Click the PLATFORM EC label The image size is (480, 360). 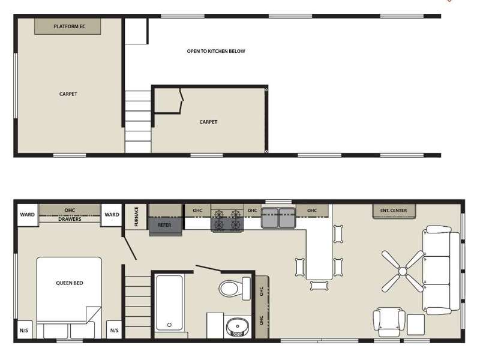click(x=70, y=26)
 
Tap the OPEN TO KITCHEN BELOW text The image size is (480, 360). click(x=216, y=51)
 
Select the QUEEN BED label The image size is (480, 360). click(x=70, y=283)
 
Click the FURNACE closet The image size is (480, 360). click(x=136, y=217)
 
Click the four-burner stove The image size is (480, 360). click(x=227, y=220)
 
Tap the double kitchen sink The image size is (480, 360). click(x=278, y=218)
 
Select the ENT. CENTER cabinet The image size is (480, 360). click(x=394, y=211)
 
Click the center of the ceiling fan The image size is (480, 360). click(x=403, y=271)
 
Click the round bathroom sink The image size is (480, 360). click(x=238, y=327)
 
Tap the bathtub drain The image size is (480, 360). click(x=169, y=325)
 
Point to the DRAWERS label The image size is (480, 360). click(x=70, y=220)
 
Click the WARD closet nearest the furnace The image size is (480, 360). click(x=112, y=215)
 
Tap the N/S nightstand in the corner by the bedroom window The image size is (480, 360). click(x=25, y=330)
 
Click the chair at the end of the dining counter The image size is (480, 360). click(x=319, y=286)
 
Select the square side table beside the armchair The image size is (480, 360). click(x=416, y=325)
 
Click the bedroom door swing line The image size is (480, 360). click(x=130, y=248)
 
